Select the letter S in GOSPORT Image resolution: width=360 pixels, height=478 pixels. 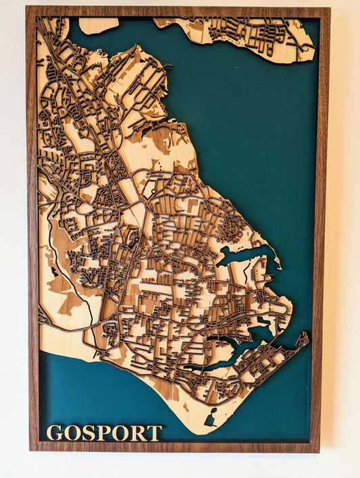(x=87, y=433)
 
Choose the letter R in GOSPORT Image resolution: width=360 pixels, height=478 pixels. (x=137, y=433)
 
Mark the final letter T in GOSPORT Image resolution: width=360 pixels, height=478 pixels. (x=154, y=433)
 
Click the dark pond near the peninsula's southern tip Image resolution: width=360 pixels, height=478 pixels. (x=211, y=419)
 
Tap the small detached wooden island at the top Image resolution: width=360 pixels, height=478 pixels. (x=99, y=26)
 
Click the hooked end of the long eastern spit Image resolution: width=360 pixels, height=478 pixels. (x=303, y=337)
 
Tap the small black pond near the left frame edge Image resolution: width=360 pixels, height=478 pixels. (x=54, y=272)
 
